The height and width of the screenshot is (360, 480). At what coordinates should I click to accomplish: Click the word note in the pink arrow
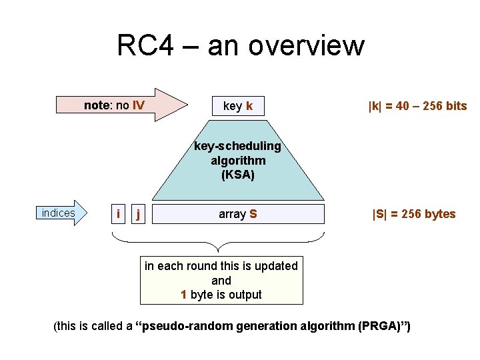tap(96, 105)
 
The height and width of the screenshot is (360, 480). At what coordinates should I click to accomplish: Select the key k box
tap(237, 106)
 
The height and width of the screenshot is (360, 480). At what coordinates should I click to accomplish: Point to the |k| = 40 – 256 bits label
tap(417, 106)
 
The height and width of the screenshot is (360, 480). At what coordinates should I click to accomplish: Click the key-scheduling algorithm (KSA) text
tap(238, 161)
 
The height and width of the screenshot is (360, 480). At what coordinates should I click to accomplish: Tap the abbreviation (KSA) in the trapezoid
tap(238, 175)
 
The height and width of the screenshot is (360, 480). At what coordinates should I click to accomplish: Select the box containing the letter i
tap(118, 214)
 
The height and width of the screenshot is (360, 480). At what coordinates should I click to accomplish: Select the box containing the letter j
tap(138, 214)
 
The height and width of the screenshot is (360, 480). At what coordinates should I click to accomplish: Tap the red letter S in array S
tap(253, 214)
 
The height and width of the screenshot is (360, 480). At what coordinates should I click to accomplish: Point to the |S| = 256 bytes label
tap(413, 214)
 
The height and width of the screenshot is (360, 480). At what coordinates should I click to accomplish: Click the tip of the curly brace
tap(219, 251)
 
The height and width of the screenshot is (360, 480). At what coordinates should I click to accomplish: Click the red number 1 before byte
tap(184, 295)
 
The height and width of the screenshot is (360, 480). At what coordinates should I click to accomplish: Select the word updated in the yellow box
tap(275, 266)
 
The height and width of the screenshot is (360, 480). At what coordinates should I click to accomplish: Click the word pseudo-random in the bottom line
tap(177, 326)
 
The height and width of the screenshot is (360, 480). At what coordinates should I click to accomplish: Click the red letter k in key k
tap(249, 106)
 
